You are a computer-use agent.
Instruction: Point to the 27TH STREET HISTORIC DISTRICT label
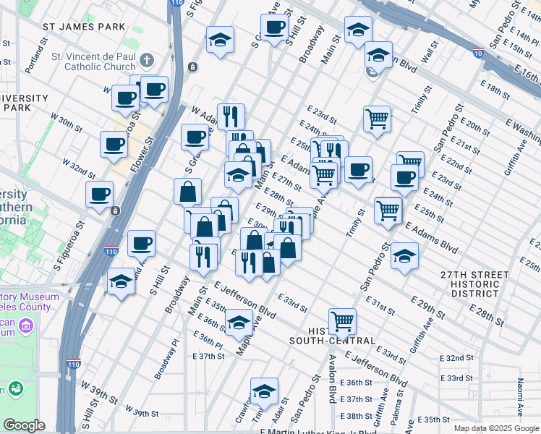coord(469,284)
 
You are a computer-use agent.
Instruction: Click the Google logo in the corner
coord(24,425)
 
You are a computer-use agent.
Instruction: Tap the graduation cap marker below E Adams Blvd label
coord(404,255)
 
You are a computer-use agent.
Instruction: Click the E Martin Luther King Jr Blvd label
coord(318,431)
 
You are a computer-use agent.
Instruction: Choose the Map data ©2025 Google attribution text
coord(495,428)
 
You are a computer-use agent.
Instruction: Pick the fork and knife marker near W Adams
coord(230,115)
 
